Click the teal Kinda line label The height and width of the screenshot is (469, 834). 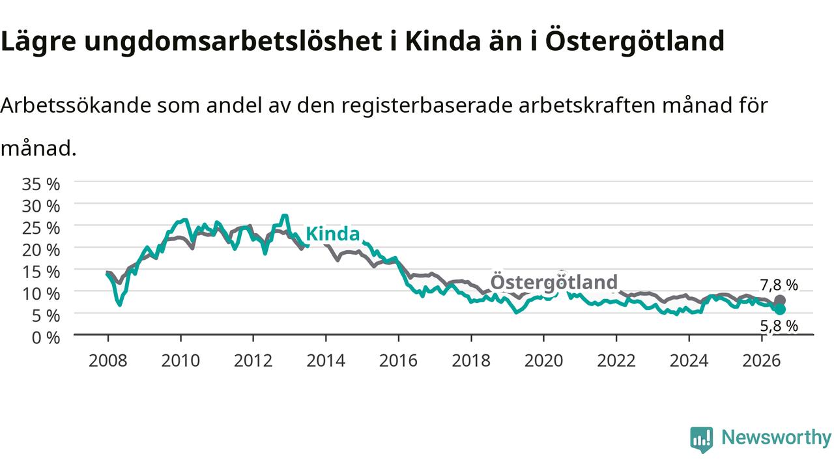(332, 234)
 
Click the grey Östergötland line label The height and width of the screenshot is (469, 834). (554, 282)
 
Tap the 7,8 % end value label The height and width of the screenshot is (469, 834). (779, 285)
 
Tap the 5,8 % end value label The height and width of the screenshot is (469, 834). (779, 326)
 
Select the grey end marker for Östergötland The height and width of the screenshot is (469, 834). (780, 300)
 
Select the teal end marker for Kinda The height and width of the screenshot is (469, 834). (780, 309)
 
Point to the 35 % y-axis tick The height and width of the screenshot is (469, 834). (41, 184)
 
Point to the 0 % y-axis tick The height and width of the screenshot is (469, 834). (46, 337)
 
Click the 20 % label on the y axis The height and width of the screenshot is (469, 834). (41, 249)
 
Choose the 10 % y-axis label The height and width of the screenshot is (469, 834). (41, 294)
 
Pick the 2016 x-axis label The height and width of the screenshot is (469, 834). (398, 360)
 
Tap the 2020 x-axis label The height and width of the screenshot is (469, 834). (543, 360)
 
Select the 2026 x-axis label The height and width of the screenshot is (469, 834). (762, 360)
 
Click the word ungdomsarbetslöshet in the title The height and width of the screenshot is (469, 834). (233, 42)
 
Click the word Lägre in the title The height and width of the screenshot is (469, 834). (38, 42)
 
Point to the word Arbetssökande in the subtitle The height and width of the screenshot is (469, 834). (76, 106)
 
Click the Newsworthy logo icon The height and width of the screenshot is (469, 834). (702, 440)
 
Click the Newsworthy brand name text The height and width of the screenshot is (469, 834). (776, 438)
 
